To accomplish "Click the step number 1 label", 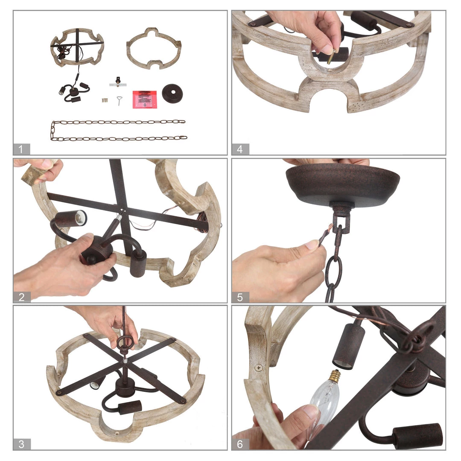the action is [x=21, y=149].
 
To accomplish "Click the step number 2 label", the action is [x=22, y=297].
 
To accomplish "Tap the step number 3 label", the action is [x=22, y=444].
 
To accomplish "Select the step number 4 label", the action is [x=240, y=149].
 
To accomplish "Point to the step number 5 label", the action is [x=240, y=297].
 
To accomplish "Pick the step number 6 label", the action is [x=240, y=444].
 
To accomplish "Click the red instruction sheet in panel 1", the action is [x=144, y=99].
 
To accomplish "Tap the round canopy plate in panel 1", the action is [x=172, y=93].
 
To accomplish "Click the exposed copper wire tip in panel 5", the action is [x=330, y=228].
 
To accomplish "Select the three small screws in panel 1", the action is [x=105, y=100].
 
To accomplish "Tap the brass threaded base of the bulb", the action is [x=334, y=376].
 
